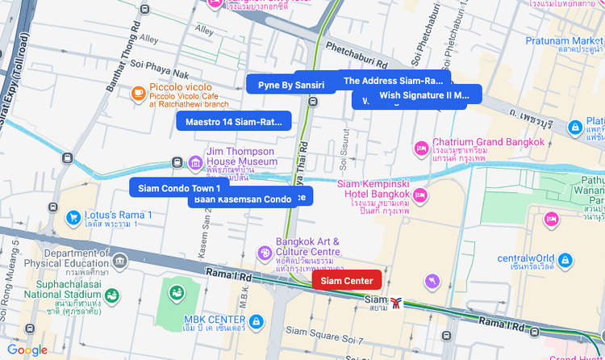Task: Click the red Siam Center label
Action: click(x=347, y=281)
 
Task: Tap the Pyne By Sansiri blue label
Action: click(x=291, y=85)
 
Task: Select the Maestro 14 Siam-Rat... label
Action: click(x=233, y=122)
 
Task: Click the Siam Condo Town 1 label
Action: click(x=178, y=188)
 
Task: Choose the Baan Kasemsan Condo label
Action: click(x=242, y=199)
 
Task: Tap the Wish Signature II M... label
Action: click(x=423, y=95)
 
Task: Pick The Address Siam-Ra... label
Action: click(x=394, y=81)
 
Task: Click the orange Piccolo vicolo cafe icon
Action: click(x=139, y=94)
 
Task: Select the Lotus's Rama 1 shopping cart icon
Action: click(x=73, y=216)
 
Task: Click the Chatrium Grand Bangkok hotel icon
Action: click(x=420, y=149)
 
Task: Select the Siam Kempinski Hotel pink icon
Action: click(x=420, y=195)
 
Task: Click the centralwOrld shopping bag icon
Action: click(x=565, y=260)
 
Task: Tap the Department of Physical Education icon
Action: click(x=120, y=261)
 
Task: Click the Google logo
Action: click(x=27, y=350)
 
